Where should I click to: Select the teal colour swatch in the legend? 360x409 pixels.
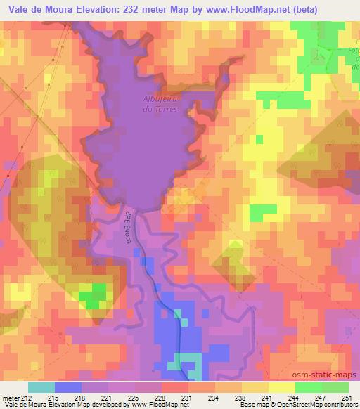[41, 387]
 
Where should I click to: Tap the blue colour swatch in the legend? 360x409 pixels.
[67, 387]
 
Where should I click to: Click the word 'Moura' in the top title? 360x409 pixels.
[56, 10]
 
